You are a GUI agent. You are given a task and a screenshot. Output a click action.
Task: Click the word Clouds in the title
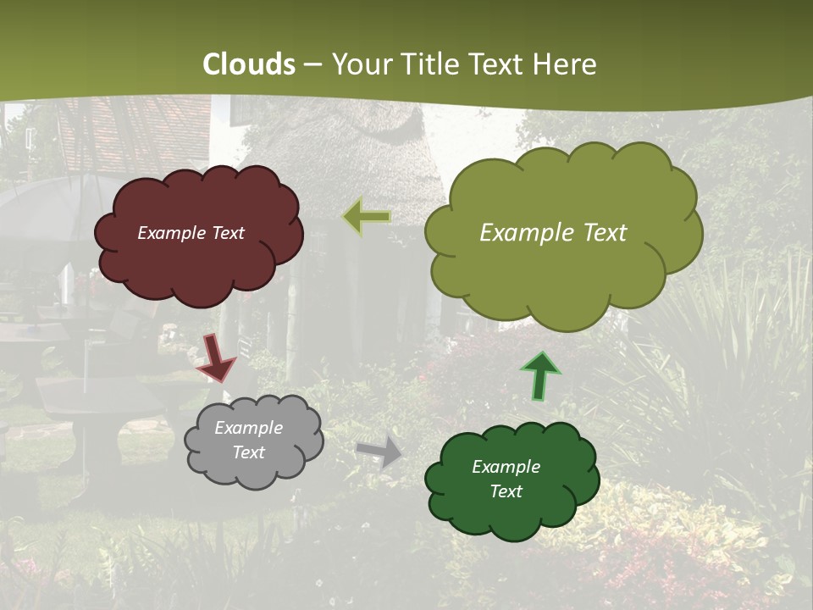click(x=249, y=64)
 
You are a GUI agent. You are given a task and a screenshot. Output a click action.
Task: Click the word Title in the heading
click(x=430, y=64)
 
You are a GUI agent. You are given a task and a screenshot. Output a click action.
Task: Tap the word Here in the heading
click(x=565, y=64)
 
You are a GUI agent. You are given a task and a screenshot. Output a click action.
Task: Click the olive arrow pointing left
click(x=368, y=217)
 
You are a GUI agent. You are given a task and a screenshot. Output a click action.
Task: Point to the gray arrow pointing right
click(x=379, y=451)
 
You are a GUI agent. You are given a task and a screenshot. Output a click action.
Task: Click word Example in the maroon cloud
click(x=172, y=233)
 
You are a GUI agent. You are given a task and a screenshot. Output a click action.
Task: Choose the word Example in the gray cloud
click(x=248, y=428)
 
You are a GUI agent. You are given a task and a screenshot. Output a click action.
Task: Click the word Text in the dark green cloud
click(x=506, y=491)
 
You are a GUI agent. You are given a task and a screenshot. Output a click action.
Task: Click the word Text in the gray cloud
click(x=248, y=452)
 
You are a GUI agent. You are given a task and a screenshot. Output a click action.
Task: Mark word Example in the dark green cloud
click(x=506, y=467)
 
